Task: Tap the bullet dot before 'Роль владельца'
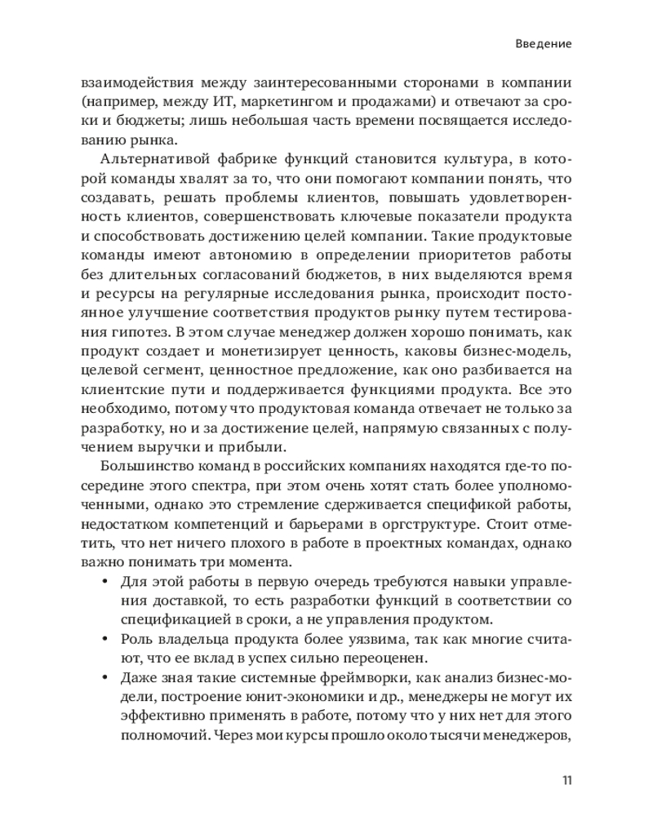coord(104,636)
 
